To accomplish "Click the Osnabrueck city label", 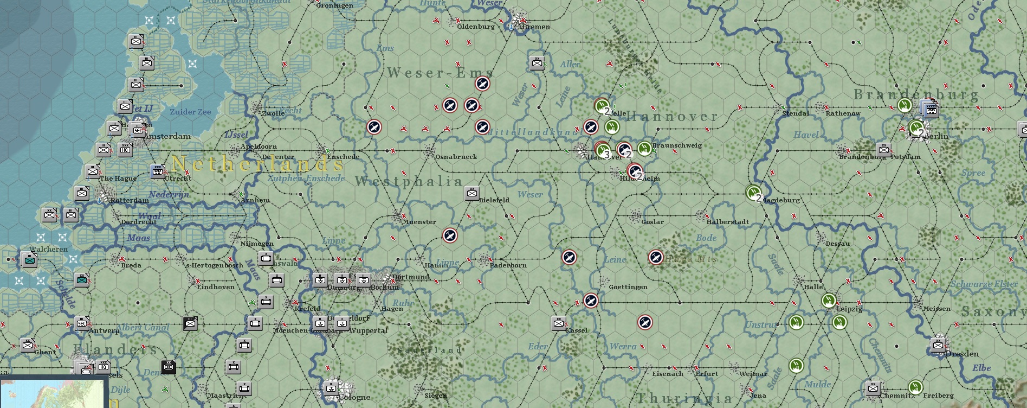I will click(456, 157).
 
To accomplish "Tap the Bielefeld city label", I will click(494, 200).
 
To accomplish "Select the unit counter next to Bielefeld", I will click(472, 193).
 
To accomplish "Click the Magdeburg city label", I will click(781, 200).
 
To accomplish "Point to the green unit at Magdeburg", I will click(753, 192).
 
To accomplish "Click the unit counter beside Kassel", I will click(559, 323).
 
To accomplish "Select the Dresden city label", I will click(962, 354).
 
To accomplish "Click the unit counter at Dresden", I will click(938, 345).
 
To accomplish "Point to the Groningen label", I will click(334, 5).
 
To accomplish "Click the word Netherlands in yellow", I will click(257, 163).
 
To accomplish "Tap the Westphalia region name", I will click(409, 182).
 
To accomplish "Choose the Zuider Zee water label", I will click(190, 112).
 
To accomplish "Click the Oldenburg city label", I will click(476, 27).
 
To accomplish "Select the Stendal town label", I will click(796, 113).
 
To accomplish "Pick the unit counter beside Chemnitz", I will click(873, 388).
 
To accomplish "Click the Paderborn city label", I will click(508, 265).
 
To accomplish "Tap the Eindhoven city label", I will click(216, 287).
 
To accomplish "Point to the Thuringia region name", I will click(684, 399).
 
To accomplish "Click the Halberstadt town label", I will click(727, 222).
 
